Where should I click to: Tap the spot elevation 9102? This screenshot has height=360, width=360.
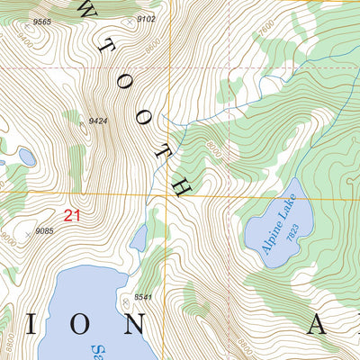(147, 19)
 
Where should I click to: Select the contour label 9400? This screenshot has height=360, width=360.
(26, 42)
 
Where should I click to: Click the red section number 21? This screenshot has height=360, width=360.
(72, 215)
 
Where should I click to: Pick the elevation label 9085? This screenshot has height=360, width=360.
(45, 231)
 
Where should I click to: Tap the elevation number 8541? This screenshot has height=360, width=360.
(142, 296)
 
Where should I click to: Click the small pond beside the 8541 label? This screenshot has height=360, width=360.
(139, 238)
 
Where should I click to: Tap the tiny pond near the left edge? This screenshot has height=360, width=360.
(26, 157)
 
